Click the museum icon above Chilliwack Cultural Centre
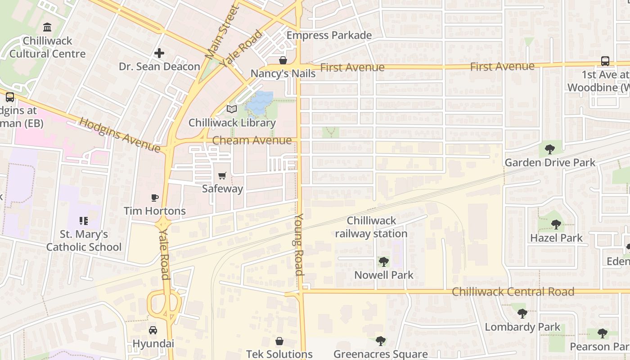[47, 27]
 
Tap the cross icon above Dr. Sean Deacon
[159, 53]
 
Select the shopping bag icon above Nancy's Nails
[283, 60]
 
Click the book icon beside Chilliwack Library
[232, 109]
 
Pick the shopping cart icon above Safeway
[222, 175]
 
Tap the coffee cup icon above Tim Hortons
[154, 198]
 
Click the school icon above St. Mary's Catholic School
[84, 221]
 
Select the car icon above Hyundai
[153, 330]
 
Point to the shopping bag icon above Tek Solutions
[279, 341]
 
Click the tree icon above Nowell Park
[383, 261]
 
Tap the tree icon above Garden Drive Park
[549, 149]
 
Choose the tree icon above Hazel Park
[556, 224]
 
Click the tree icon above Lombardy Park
[522, 313]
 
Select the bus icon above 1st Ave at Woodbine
[605, 61]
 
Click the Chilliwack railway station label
[371, 227]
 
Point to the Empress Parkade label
[329, 36]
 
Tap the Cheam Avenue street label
[252, 140]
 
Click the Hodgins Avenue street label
[120, 135]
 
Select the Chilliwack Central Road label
[513, 292]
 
